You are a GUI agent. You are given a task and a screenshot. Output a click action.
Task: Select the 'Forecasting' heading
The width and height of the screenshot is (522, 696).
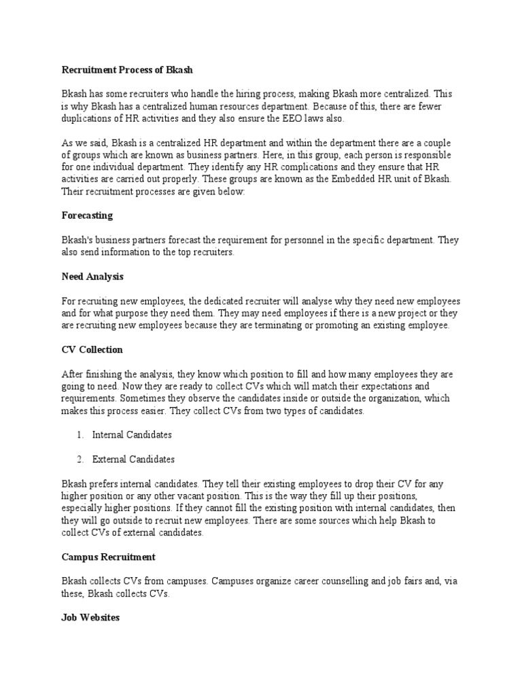coord(87,215)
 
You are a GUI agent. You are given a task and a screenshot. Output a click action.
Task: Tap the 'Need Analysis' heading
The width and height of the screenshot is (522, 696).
coord(92,277)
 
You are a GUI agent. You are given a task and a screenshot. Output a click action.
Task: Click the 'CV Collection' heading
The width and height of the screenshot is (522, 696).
coord(92,350)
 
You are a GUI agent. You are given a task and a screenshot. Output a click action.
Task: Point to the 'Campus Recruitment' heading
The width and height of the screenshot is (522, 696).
coord(109,557)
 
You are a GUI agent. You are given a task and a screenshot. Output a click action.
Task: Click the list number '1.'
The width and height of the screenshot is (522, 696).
coord(80,434)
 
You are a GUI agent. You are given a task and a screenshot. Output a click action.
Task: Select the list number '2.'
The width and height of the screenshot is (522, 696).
coord(80,459)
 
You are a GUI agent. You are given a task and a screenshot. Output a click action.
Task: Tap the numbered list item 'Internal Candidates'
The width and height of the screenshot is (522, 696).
coord(132,434)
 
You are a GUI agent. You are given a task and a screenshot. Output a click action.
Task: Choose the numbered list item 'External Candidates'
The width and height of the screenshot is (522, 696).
coord(133,459)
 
